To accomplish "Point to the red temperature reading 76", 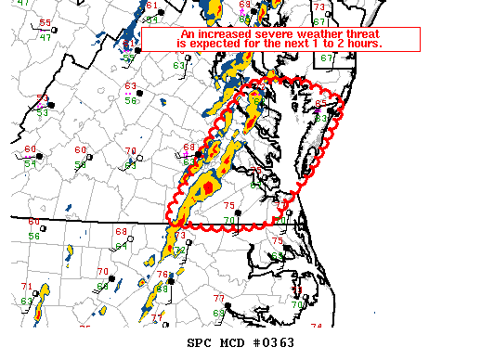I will point(162,275).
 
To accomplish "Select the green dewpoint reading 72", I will point(179,251).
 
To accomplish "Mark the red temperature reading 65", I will point(320,104).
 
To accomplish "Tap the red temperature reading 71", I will point(26,287).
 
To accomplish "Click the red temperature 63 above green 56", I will point(132,86).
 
